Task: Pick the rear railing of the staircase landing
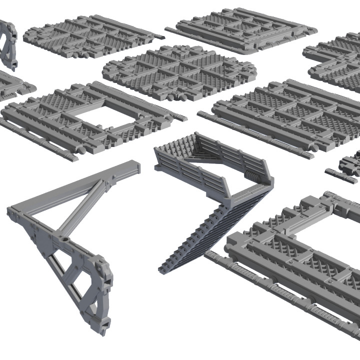point(235,152)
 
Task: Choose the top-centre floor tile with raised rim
point(240,28)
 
